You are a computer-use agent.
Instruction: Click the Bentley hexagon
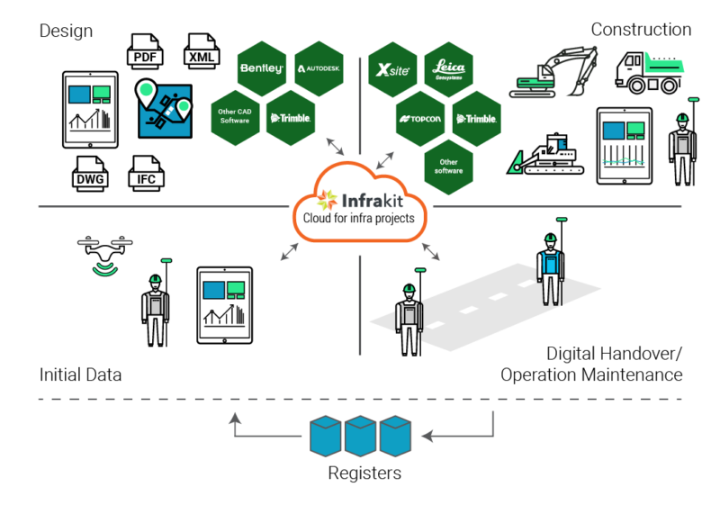click(x=262, y=68)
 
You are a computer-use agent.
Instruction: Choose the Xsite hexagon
click(x=393, y=69)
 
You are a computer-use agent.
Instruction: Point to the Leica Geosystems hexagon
click(x=449, y=69)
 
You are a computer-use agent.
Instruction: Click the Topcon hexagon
click(x=420, y=118)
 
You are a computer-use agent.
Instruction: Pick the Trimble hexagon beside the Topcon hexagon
click(x=476, y=118)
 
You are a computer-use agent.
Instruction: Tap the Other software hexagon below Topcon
click(x=448, y=167)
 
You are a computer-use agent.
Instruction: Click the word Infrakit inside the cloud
click(x=371, y=201)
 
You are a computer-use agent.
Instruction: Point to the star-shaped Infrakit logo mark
click(x=326, y=200)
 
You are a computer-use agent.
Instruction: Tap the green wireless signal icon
click(x=106, y=267)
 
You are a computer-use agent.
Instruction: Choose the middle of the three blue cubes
click(x=361, y=435)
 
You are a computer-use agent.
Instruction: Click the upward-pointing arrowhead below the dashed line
click(x=234, y=418)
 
